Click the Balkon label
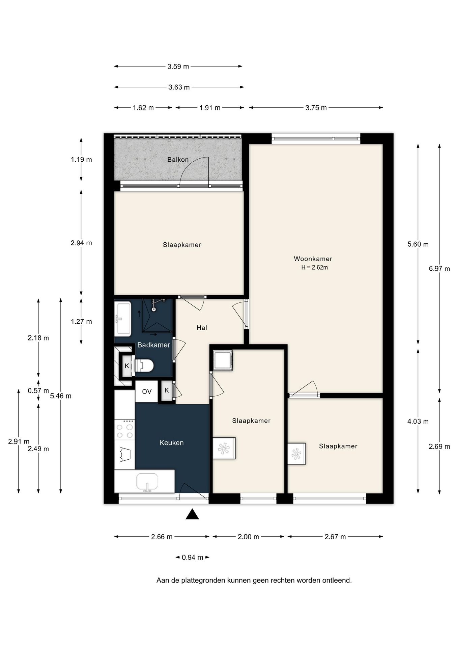point(178,160)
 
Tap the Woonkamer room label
point(313,259)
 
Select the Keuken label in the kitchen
point(171,442)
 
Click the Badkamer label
point(153,345)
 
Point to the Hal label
point(202,328)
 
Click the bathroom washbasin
point(122,319)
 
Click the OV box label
point(147,391)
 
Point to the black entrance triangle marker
point(192,514)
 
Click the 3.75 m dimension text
point(316,108)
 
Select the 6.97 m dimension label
point(439,269)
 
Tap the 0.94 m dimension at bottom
point(192,557)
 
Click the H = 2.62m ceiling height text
point(314,268)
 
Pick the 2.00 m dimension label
point(248,537)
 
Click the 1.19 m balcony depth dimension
point(81,160)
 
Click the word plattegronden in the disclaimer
point(203,580)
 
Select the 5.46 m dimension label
point(61,396)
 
